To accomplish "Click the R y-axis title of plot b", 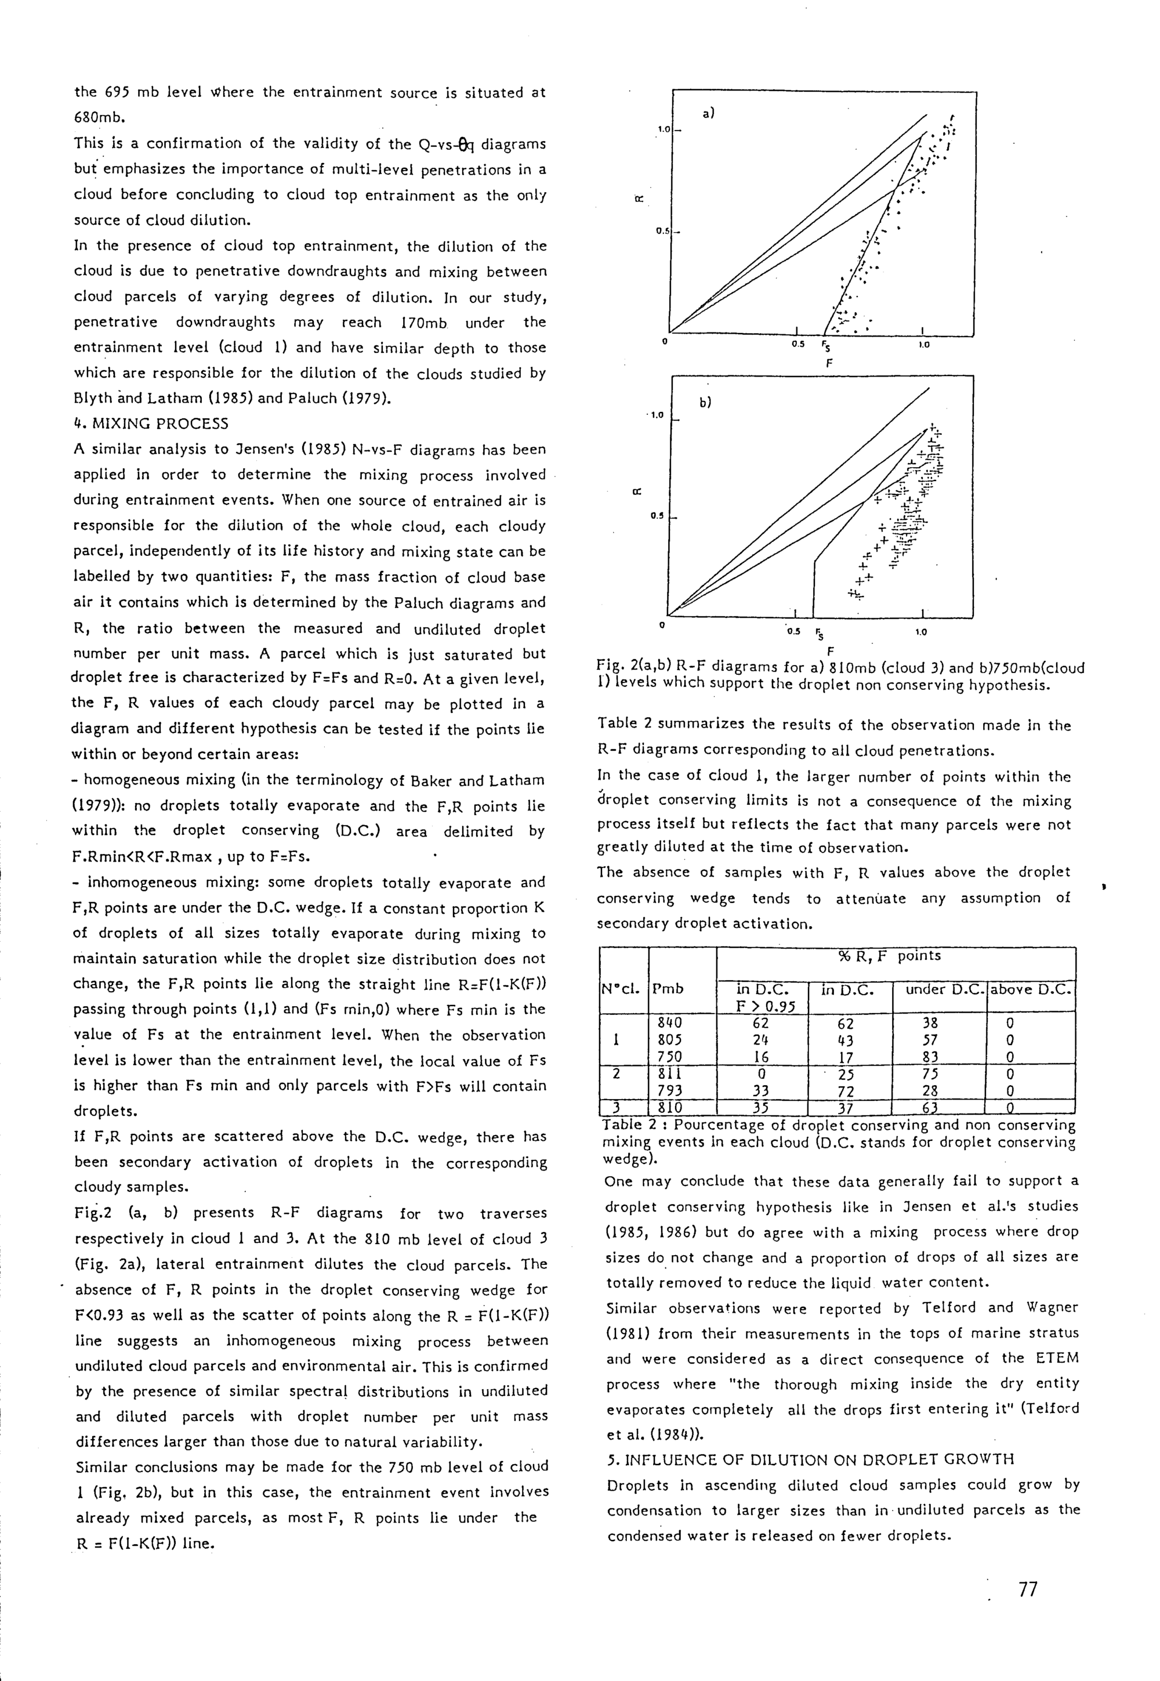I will [637, 491].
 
